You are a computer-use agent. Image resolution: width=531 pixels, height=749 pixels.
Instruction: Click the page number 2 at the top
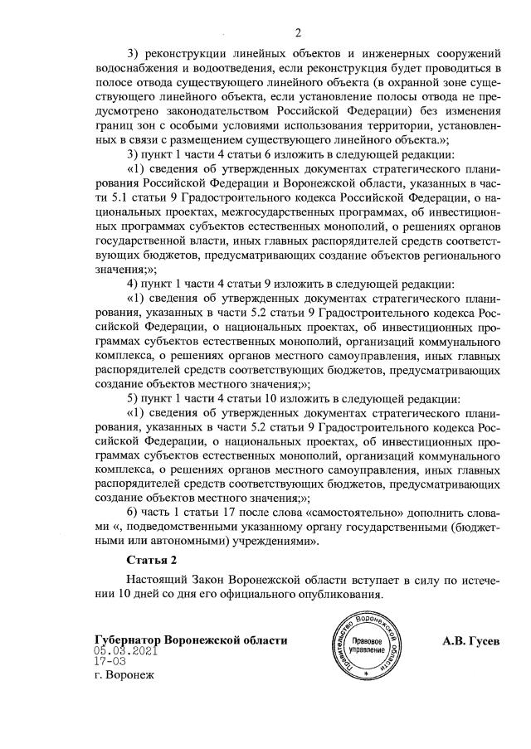click(x=297, y=32)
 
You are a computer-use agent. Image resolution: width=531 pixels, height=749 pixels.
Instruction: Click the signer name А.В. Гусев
click(x=471, y=640)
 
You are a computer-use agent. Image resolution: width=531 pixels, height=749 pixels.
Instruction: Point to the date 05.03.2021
click(x=125, y=652)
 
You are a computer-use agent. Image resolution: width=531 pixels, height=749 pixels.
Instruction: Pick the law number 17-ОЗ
click(x=110, y=663)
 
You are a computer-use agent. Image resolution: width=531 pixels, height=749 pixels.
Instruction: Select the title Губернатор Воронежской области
click(x=191, y=640)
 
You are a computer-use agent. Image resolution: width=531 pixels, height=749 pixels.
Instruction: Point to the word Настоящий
click(x=155, y=580)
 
